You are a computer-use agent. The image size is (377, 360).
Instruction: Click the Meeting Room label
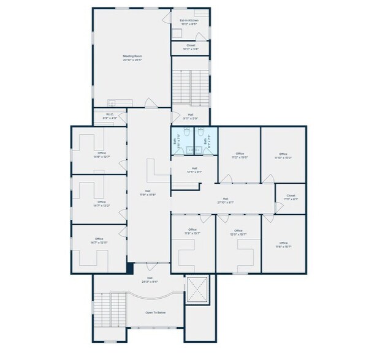[x=132, y=58]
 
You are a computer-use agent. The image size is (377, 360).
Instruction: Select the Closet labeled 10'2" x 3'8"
[x=191, y=47]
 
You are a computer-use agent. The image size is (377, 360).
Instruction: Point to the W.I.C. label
[x=110, y=116]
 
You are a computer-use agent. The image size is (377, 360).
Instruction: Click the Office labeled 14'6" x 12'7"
[x=101, y=155]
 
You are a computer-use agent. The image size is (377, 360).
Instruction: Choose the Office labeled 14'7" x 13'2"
[x=101, y=204]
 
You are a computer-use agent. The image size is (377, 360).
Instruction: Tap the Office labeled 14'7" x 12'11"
[x=99, y=241]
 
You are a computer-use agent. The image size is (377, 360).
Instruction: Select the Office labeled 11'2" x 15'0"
[x=240, y=156]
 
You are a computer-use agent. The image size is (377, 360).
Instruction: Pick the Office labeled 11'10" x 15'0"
[x=283, y=156]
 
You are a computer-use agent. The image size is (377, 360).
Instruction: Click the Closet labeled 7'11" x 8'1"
[x=291, y=198]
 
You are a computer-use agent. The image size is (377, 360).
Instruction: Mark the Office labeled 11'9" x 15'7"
[x=192, y=231]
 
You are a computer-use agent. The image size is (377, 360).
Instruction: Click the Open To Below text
[x=155, y=313]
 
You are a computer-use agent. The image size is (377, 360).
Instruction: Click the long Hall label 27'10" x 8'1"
[x=225, y=200]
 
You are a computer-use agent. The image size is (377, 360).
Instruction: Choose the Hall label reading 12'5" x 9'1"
[x=194, y=170]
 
